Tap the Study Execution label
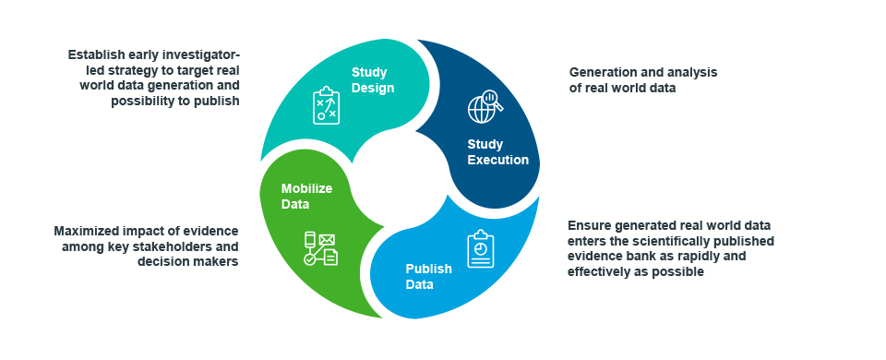497,152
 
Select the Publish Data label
429,276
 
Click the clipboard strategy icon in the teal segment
326,105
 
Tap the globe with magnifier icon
485,106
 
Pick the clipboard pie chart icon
480,248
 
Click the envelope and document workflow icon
320,248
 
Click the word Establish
94,54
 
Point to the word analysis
694,72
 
